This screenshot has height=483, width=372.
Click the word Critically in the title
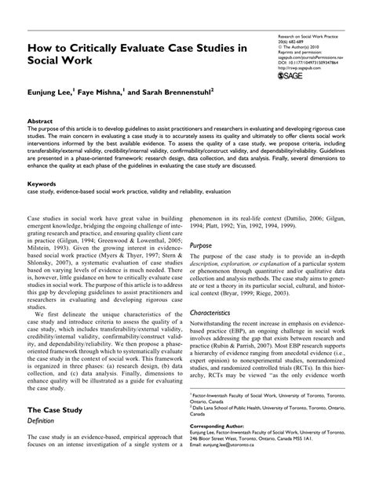pos(104,49)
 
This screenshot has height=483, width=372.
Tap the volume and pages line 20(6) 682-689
pos(297,43)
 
